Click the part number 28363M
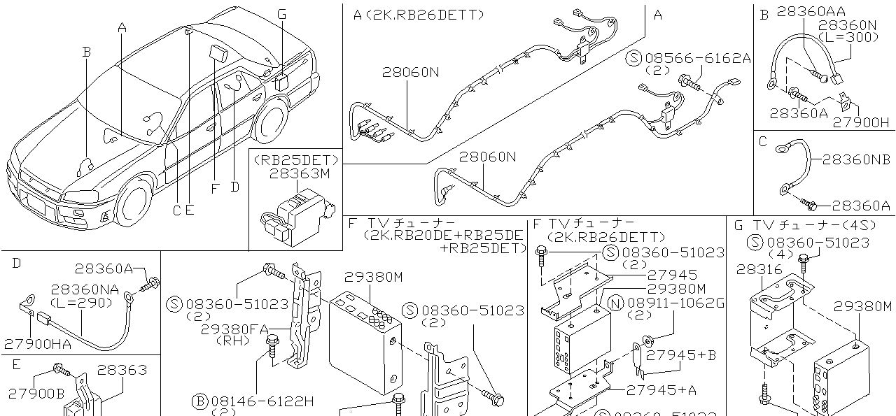point(300,174)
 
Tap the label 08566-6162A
point(698,58)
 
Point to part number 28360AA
point(811,12)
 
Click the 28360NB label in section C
point(856,159)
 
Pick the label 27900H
point(860,122)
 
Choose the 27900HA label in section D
point(38,344)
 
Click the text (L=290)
point(82,303)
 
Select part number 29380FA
point(234,329)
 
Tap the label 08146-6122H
point(262,401)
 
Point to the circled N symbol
point(615,303)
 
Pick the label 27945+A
point(661,389)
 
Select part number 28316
point(759,270)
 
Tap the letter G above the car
point(282,15)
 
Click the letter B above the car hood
point(86,52)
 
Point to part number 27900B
point(36,394)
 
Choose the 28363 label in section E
point(122,370)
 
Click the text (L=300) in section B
point(848,38)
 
